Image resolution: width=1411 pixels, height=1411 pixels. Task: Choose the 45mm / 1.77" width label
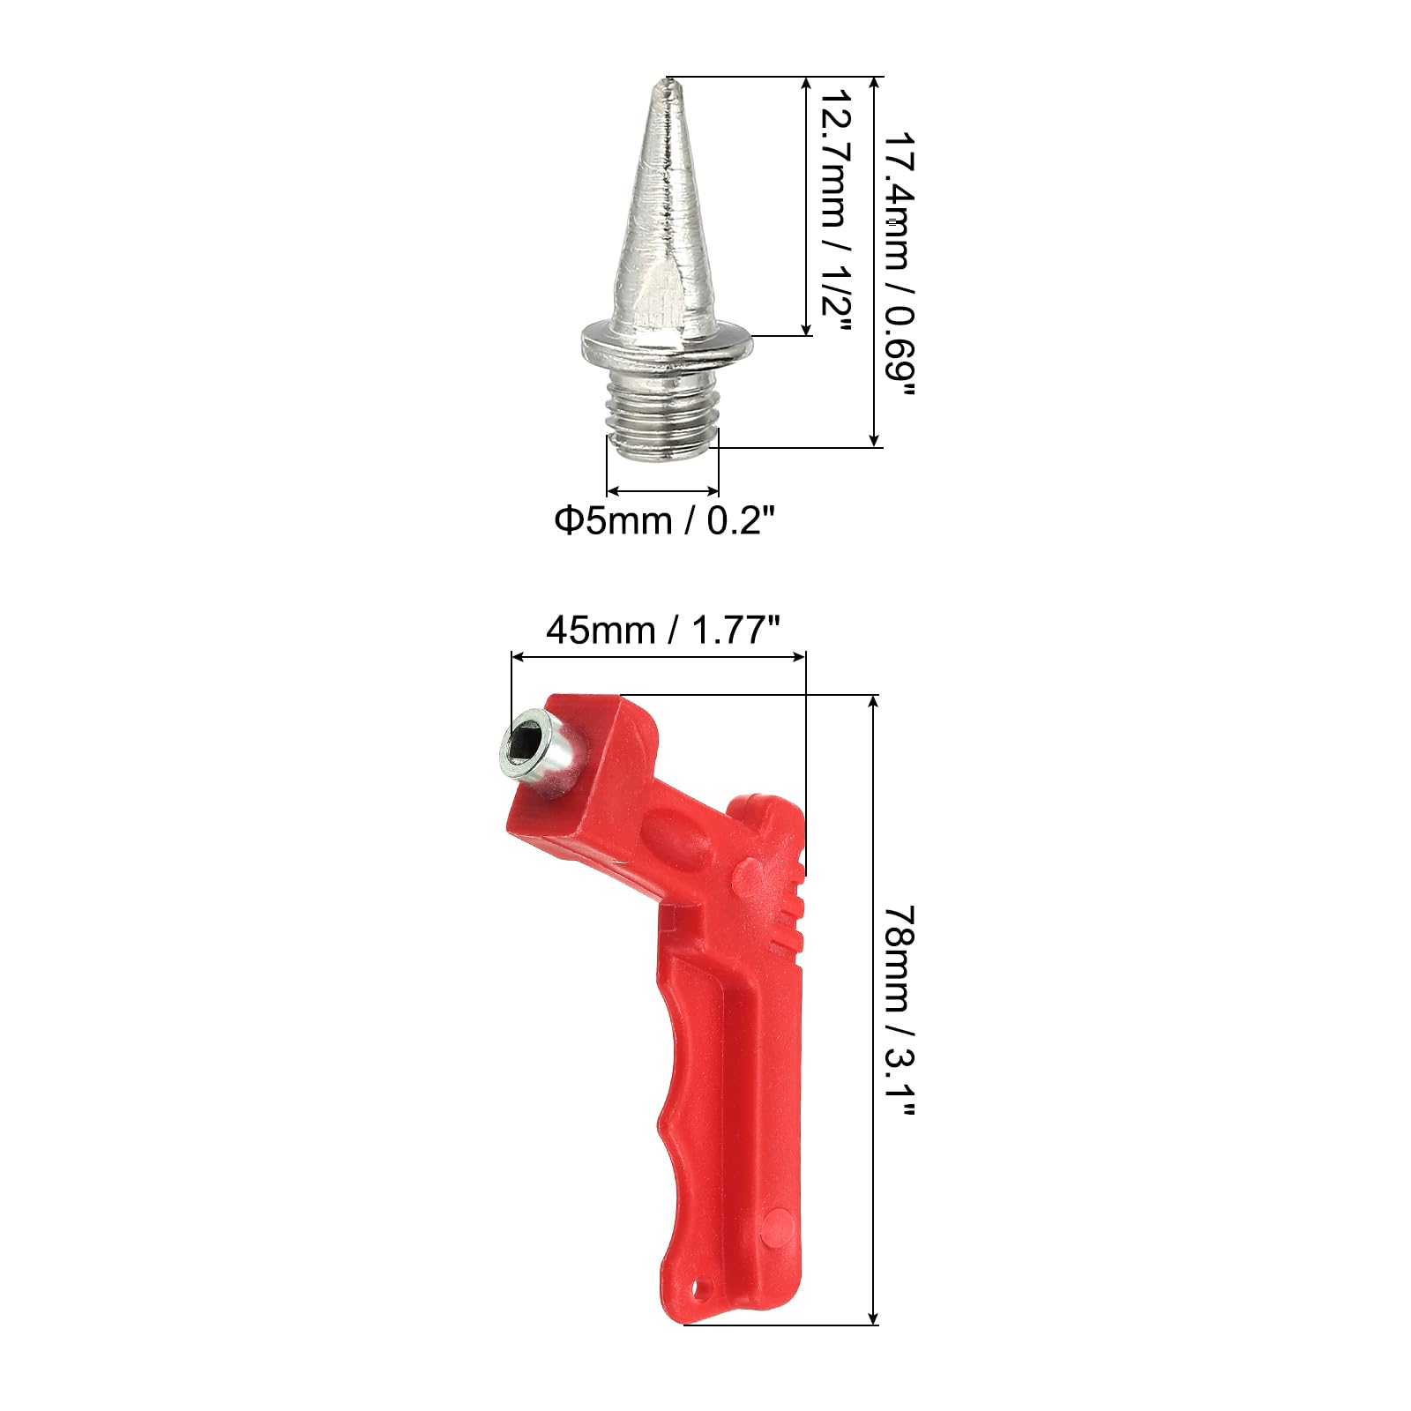[663, 631]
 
